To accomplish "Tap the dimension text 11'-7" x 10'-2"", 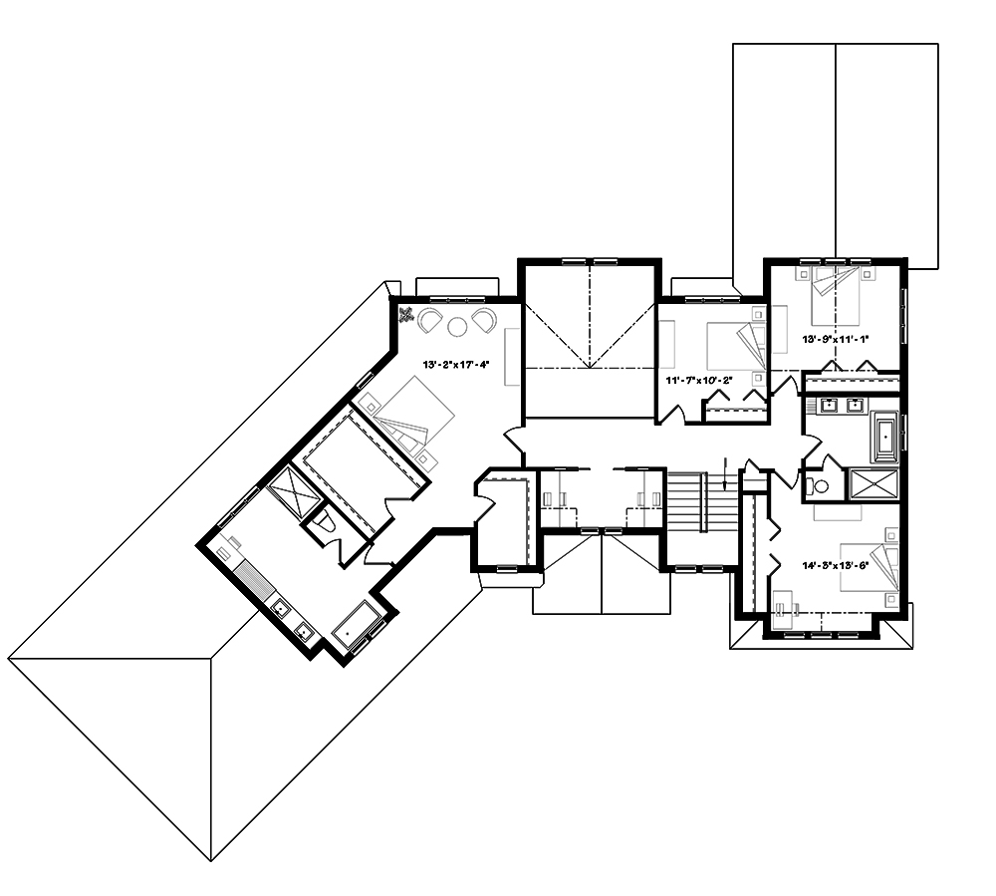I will tap(698, 380).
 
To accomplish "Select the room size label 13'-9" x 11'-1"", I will tap(837, 339).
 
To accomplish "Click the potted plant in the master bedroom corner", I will tap(407, 317).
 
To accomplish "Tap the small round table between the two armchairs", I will tap(458, 325).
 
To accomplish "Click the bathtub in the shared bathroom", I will tap(884, 438).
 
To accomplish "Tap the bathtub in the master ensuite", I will tap(356, 629).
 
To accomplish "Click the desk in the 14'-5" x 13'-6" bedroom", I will tap(787, 604).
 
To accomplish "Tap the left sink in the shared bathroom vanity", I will tap(827, 406).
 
